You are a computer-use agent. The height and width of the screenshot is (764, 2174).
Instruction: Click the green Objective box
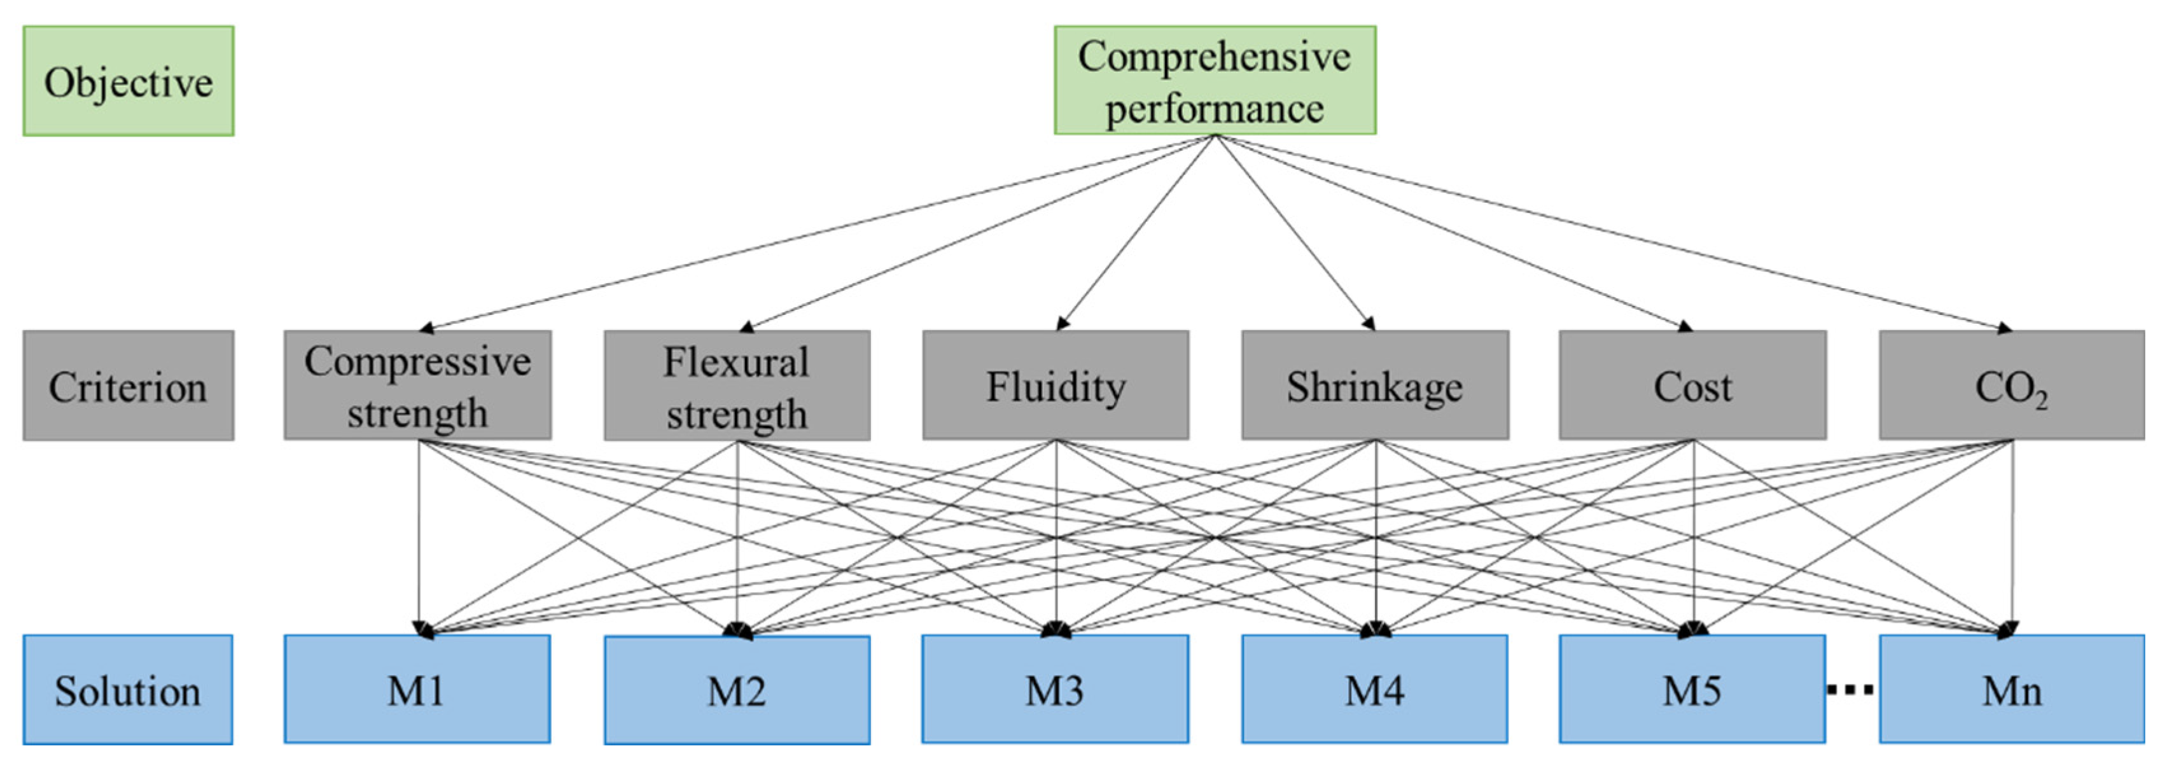[x=129, y=81]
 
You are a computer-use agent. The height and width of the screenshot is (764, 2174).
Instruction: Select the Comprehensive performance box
[x=1215, y=80]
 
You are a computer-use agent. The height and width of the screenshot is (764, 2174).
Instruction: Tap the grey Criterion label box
[x=129, y=385]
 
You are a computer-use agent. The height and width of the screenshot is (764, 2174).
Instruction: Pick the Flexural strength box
[x=737, y=385]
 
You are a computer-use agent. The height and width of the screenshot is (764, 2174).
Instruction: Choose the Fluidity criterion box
[x=1055, y=385]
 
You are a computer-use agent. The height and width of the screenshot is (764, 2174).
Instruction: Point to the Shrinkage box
[x=1375, y=385]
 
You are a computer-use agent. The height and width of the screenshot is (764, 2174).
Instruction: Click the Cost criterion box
[x=1692, y=385]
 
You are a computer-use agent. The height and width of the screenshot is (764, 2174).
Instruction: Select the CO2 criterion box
[x=2011, y=385]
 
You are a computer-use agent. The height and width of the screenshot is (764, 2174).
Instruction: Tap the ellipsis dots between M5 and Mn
[x=1851, y=690]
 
